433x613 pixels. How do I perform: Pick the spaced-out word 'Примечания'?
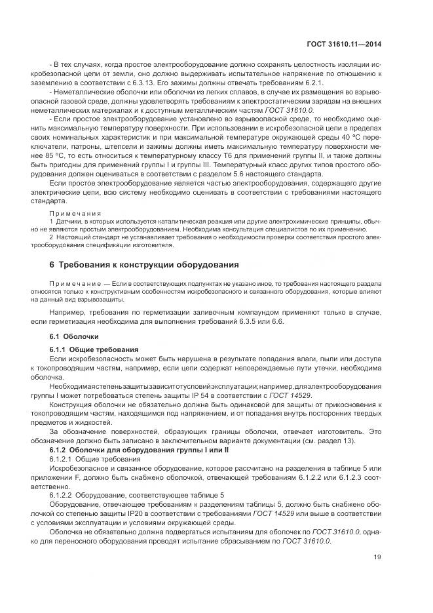click(75, 213)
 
